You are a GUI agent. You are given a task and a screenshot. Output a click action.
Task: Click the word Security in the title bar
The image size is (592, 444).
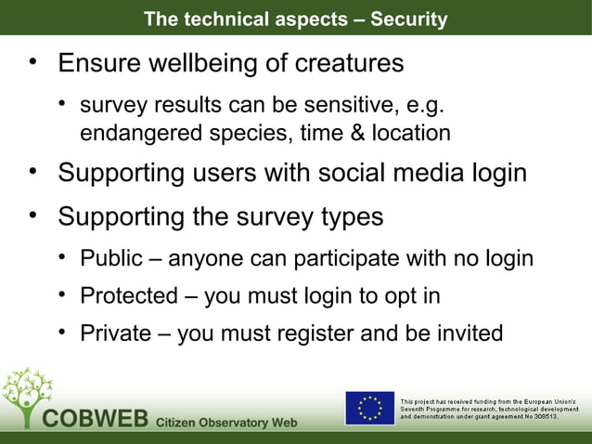pos(408,19)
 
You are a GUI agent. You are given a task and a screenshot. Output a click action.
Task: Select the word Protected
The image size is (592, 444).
pos(128,296)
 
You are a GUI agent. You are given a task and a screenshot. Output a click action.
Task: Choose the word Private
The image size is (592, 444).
pos(115,333)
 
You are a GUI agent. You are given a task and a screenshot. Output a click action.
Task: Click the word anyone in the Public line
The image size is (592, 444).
pos(205,257)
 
